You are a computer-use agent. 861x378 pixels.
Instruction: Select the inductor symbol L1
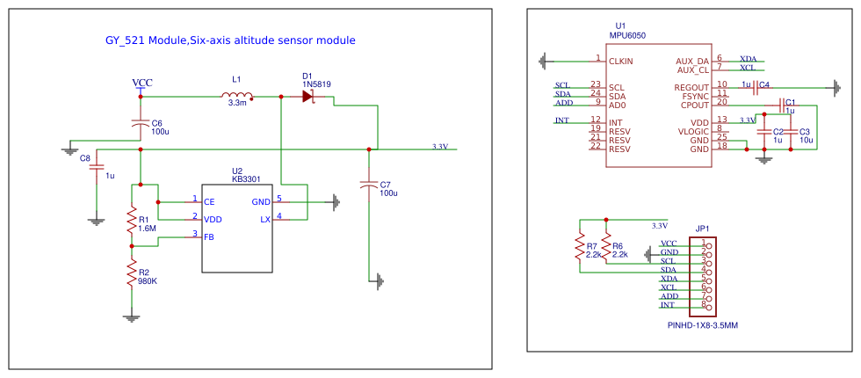point(237,96)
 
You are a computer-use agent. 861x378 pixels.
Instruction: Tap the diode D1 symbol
point(308,97)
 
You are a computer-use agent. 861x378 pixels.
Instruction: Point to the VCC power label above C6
point(141,83)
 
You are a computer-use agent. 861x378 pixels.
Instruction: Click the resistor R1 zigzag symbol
point(131,221)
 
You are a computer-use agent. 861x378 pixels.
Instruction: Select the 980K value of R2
point(147,282)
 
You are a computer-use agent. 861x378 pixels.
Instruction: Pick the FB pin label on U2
point(209,237)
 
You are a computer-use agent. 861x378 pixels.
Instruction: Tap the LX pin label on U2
point(265,219)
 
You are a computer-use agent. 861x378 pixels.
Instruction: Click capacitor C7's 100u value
point(388,193)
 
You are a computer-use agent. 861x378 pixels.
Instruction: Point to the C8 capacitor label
point(84,158)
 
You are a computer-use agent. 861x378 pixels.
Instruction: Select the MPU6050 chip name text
point(627,35)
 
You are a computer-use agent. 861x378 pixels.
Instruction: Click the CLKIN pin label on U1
point(620,62)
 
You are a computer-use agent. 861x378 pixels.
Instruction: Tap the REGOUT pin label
point(691,87)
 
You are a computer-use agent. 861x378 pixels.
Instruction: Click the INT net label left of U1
point(561,120)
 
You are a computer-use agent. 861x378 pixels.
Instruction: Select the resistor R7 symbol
point(578,249)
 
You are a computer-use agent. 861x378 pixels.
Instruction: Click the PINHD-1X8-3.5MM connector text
point(703,324)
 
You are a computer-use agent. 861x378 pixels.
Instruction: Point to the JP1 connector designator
point(701,228)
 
